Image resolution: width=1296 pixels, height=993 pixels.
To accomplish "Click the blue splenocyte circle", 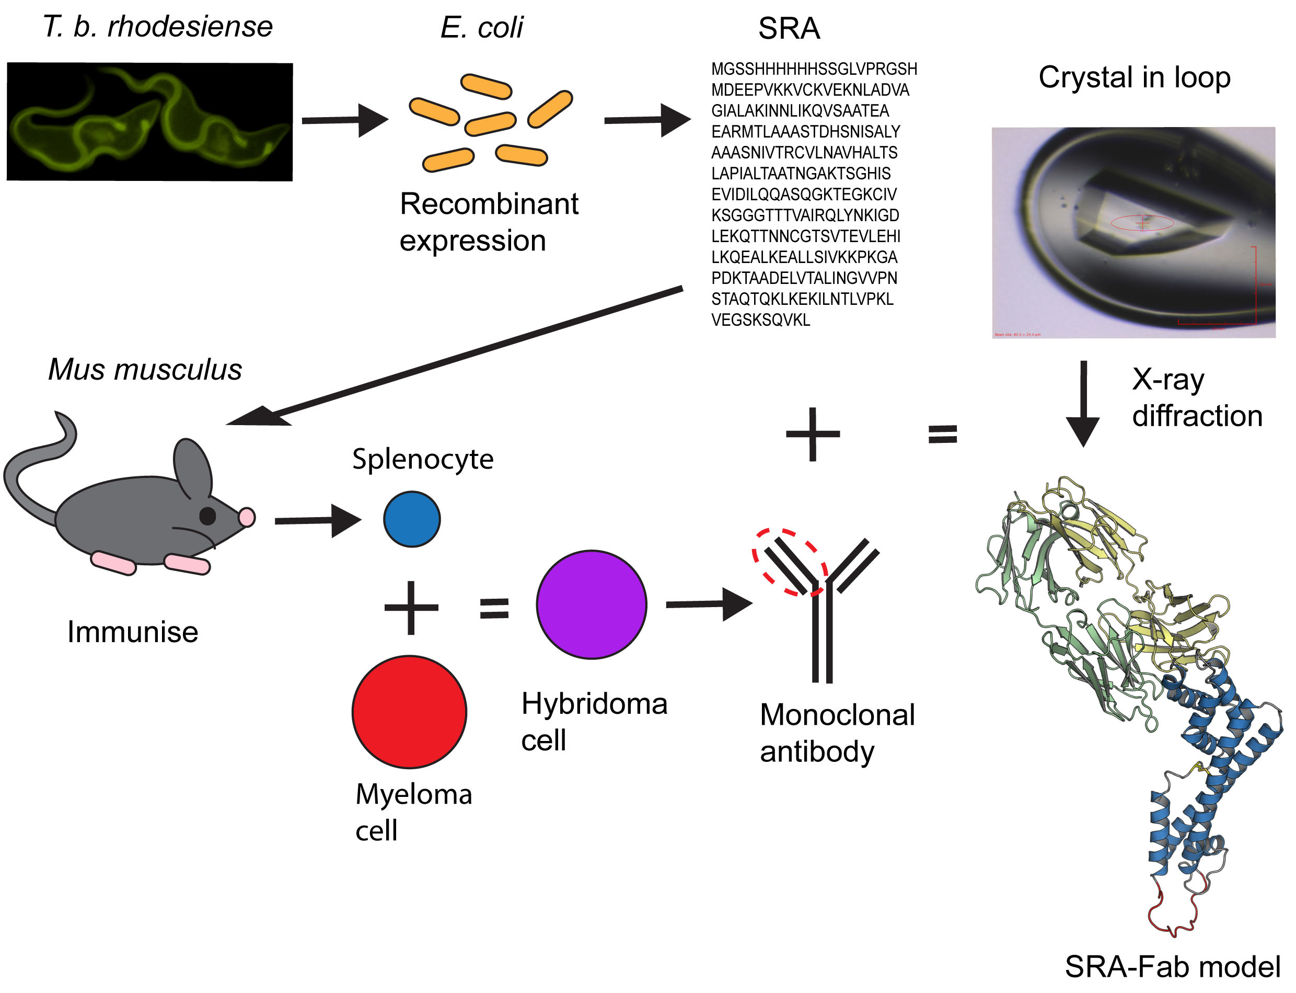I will coord(411,519).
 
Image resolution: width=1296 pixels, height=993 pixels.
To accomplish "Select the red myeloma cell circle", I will coord(409,712).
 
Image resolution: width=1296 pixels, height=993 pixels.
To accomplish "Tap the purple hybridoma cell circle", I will coord(591,604).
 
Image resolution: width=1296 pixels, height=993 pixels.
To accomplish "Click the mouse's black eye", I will coord(207,516).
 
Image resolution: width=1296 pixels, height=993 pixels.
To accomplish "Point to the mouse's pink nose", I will coord(247,517).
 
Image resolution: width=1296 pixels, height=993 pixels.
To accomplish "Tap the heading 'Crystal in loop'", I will coord(1134,77).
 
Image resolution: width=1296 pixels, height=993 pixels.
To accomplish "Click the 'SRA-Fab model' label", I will coord(1172,967).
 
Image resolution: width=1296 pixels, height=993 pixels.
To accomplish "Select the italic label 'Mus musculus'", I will coord(145,369).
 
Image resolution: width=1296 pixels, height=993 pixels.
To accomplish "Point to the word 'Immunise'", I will coord(132,632).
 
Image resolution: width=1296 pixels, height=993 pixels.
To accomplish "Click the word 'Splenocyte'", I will coord(422,459).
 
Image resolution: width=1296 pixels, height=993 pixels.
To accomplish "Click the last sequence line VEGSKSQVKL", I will coord(760,320).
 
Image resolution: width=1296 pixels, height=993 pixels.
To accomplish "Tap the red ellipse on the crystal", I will coord(1142,222).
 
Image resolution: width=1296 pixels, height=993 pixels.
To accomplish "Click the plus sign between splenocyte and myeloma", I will coord(411,608).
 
